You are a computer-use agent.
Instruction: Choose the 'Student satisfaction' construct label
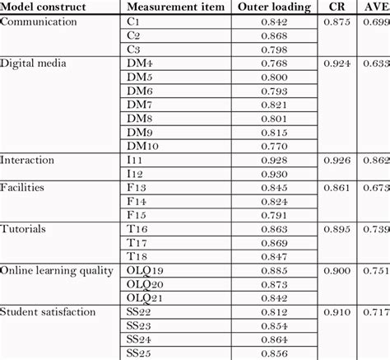point(49,311)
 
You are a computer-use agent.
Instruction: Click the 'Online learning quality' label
point(57,269)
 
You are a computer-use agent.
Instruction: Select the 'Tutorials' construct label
point(23,227)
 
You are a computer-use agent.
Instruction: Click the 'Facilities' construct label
point(23,187)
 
